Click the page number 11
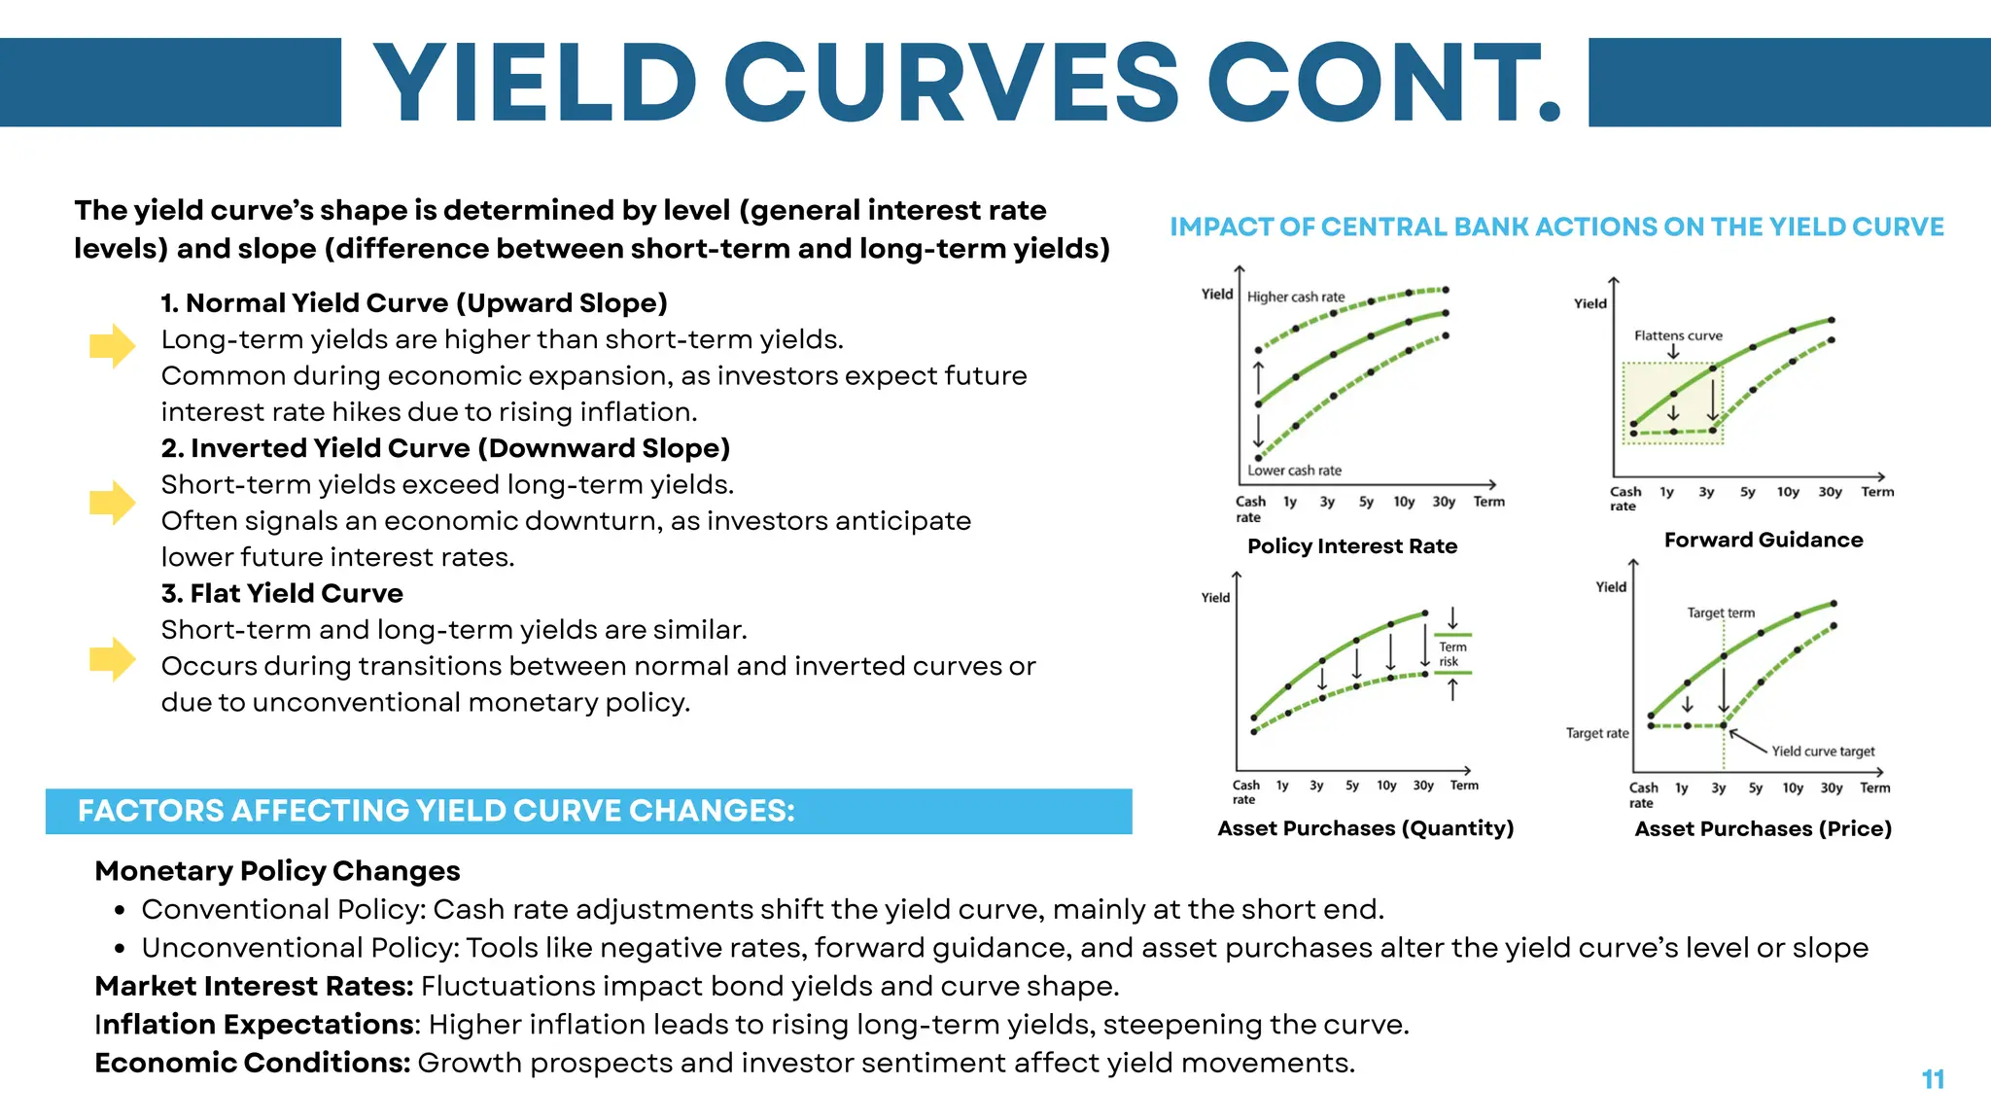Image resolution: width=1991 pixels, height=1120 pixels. [x=1933, y=1079]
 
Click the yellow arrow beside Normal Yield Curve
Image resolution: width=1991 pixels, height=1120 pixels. [x=112, y=345]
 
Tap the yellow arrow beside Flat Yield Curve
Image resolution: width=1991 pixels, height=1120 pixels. [x=112, y=659]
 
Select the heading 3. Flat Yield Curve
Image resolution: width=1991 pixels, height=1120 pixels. [x=282, y=593]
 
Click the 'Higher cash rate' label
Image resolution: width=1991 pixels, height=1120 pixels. [x=1296, y=297]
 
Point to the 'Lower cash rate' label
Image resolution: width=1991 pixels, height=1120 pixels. [x=1294, y=471]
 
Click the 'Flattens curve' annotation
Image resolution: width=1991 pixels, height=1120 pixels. [x=1678, y=335]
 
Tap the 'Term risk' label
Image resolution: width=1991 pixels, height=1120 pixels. [x=1452, y=654]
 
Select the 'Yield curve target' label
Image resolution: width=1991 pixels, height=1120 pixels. [x=1823, y=752]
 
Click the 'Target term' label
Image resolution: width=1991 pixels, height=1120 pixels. [x=1721, y=612]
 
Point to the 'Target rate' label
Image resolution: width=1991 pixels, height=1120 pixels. [x=1596, y=733]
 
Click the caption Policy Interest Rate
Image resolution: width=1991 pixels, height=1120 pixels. [x=1352, y=546]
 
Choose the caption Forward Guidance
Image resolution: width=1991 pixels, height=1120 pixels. [x=1764, y=541]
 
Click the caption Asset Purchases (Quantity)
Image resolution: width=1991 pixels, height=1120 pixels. [x=1365, y=828]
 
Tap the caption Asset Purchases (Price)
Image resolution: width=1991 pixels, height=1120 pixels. [x=1763, y=829]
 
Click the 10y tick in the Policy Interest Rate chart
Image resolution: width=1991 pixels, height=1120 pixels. [x=1404, y=502]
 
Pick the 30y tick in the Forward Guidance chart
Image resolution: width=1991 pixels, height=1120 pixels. [x=1830, y=492]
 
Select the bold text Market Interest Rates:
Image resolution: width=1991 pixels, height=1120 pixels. [x=254, y=986]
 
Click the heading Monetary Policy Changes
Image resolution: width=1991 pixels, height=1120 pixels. [x=277, y=871]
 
